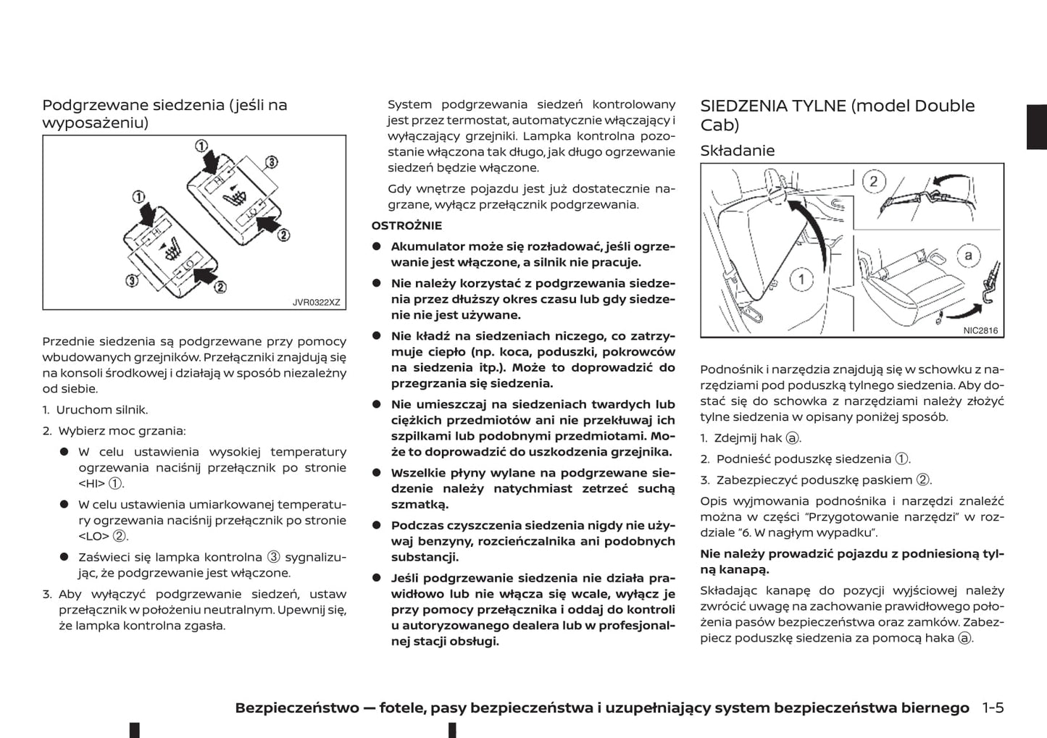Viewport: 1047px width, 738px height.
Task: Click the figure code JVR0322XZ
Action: click(316, 302)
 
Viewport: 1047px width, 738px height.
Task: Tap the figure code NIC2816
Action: click(980, 330)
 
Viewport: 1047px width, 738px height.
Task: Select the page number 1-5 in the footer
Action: click(993, 708)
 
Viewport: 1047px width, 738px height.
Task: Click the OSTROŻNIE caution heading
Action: click(406, 225)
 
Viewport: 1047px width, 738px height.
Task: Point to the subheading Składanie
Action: click(737, 151)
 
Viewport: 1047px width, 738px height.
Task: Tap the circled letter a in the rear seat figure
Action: click(968, 255)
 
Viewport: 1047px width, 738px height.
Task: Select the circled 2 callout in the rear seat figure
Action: click(873, 181)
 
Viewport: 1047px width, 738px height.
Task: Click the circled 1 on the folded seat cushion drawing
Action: click(801, 279)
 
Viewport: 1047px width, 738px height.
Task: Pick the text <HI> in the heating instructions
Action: click(91, 484)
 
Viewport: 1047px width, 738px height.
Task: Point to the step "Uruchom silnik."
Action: click(101, 410)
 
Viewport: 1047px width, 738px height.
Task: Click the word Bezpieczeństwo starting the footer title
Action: click(297, 708)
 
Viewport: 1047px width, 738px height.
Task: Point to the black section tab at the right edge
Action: click(1037, 127)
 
